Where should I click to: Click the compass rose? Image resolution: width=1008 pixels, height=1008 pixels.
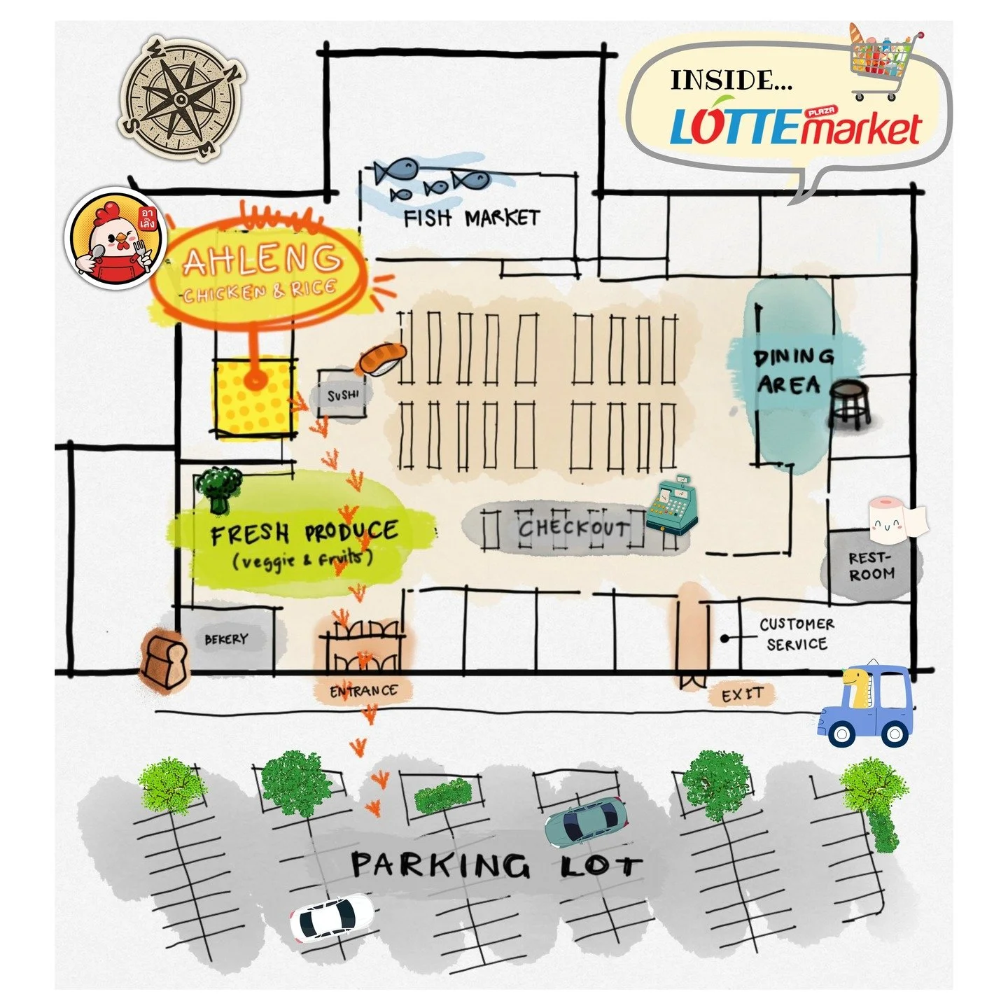183,98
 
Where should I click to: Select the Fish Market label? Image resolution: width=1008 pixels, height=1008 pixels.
471,218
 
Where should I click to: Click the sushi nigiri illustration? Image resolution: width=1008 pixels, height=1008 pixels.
381,359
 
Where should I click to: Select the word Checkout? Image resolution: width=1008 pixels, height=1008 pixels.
573,528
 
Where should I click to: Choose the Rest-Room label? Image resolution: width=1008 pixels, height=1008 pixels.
871,566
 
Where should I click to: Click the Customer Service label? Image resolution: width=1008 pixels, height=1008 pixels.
797,633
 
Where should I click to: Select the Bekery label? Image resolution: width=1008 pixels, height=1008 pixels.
225,639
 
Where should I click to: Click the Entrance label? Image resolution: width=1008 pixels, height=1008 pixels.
363,691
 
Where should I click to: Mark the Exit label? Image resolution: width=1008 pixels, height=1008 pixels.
742,695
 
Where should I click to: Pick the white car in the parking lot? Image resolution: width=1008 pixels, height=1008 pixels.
332,918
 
